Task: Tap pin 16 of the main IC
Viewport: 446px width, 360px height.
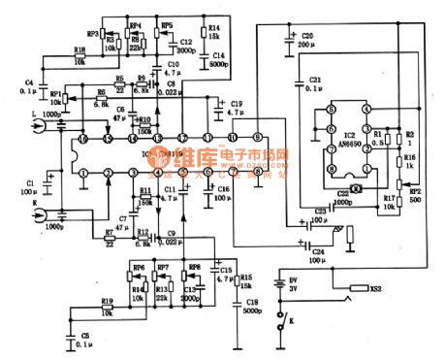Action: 82,141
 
